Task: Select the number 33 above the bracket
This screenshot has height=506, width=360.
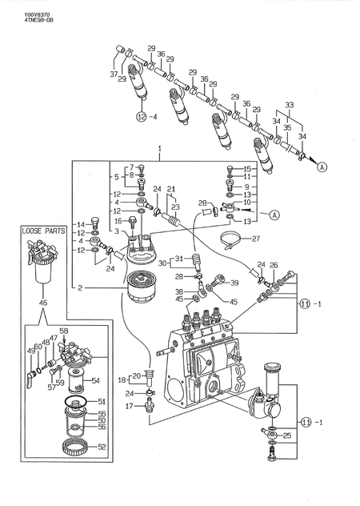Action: (289, 104)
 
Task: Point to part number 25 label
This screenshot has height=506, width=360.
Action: (288, 436)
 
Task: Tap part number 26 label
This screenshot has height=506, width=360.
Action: (273, 265)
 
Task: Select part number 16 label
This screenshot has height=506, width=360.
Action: (118, 221)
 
